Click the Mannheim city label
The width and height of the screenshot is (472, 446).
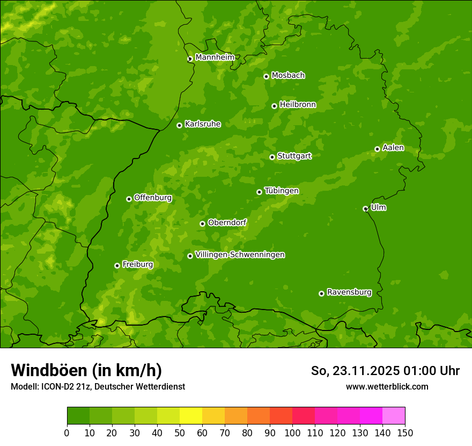coord(215,57)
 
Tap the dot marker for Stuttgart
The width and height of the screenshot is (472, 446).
coord(272,157)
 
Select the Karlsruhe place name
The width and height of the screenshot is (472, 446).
coord(202,124)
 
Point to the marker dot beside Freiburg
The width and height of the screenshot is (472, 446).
coord(117,265)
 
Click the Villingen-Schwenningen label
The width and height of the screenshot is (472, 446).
coord(240,255)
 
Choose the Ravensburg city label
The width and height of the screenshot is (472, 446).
coord(349,292)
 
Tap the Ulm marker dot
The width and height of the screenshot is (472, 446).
coord(365,208)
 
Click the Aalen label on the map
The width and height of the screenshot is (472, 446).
coord(393,148)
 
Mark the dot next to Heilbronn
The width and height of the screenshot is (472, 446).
coord(274,106)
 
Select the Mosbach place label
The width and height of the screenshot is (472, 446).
coord(287,75)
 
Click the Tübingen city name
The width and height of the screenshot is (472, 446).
coord(281,191)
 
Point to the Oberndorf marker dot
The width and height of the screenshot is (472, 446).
coord(202,224)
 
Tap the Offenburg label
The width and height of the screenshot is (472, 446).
coord(152,198)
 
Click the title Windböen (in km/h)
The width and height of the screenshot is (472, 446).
coord(86,370)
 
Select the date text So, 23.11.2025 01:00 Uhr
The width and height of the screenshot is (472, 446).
coord(385,371)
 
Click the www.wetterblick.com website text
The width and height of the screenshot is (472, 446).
coord(387,386)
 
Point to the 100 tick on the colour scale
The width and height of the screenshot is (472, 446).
coord(292,433)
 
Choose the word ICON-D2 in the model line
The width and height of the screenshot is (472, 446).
coord(57,386)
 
